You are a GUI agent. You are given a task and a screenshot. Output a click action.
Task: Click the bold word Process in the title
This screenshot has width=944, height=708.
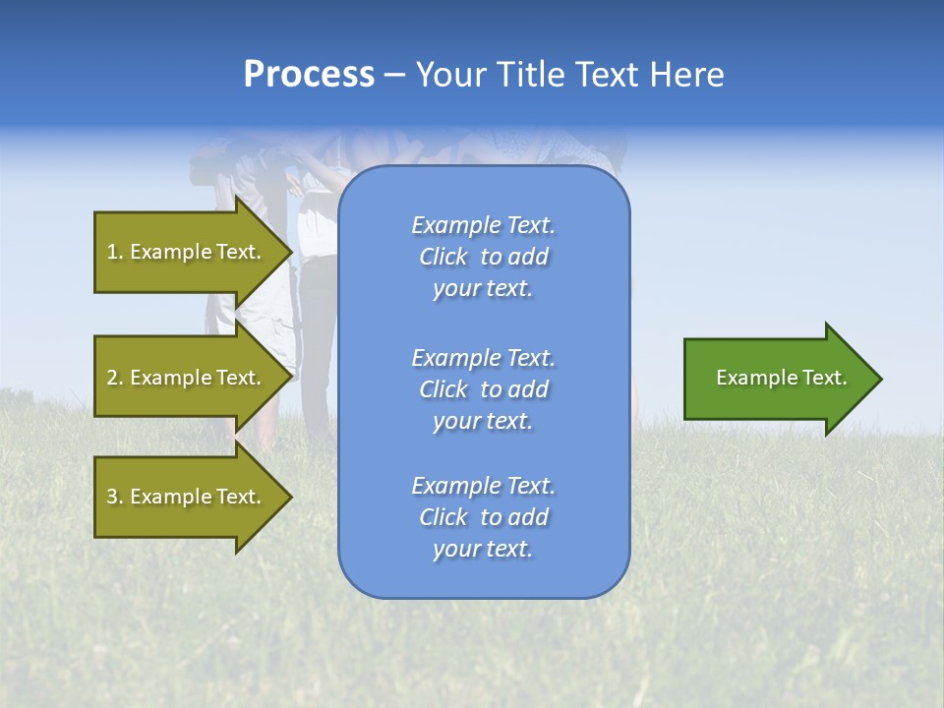tap(309, 75)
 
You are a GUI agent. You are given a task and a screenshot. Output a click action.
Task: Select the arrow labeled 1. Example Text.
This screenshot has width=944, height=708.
tap(187, 252)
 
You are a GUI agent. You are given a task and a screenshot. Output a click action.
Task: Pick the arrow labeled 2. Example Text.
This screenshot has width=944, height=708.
tap(187, 378)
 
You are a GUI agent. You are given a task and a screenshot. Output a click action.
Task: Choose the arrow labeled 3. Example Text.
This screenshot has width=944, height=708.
tap(187, 497)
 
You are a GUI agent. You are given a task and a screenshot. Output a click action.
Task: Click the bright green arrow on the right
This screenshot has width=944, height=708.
tap(777, 379)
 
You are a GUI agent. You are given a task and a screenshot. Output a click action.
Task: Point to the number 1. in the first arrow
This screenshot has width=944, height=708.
tap(115, 252)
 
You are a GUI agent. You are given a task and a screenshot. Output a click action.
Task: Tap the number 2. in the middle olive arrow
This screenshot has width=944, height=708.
tap(115, 378)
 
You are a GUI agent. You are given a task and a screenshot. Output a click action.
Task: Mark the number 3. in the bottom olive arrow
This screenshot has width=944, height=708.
tap(115, 497)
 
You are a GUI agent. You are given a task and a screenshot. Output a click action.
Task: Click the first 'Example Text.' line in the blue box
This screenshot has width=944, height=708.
tap(483, 225)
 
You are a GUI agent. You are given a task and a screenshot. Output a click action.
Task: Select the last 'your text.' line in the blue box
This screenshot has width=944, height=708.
tap(483, 549)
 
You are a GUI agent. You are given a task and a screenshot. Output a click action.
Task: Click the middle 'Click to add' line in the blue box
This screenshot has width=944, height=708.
tap(483, 389)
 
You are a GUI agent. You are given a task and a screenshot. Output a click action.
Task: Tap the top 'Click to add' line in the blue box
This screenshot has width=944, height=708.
tap(483, 257)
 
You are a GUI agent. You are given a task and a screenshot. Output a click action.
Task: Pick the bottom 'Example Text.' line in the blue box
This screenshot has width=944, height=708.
tap(483, 486)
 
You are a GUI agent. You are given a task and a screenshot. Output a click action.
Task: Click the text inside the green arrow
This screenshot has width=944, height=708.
tap(781, 378)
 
